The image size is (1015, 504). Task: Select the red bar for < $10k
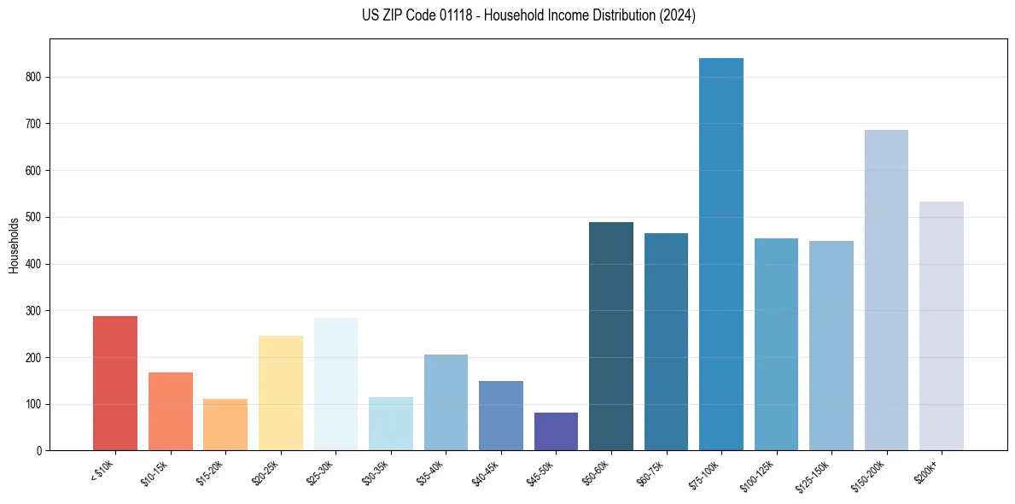[115, 384]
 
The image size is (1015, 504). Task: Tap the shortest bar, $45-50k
[556, 431]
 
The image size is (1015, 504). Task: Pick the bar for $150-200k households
[886, 290]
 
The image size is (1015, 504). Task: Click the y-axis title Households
[14, 244]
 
